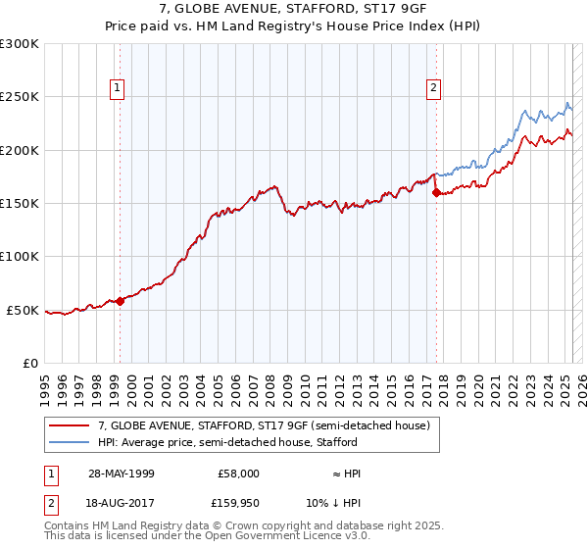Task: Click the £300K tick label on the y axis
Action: [x=20, y=44]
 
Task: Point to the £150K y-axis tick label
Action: [x=20, y=204]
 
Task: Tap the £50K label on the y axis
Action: [x=24, y=310]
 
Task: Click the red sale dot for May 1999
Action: [x=121, y=301]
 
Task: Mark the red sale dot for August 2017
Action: [x=436, y=193]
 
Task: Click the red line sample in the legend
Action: [x=70, y=426]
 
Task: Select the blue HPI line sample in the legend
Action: [x=70, y=443]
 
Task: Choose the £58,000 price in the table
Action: [x=238, y=474]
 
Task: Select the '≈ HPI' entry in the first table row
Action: [x=346, y=474]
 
